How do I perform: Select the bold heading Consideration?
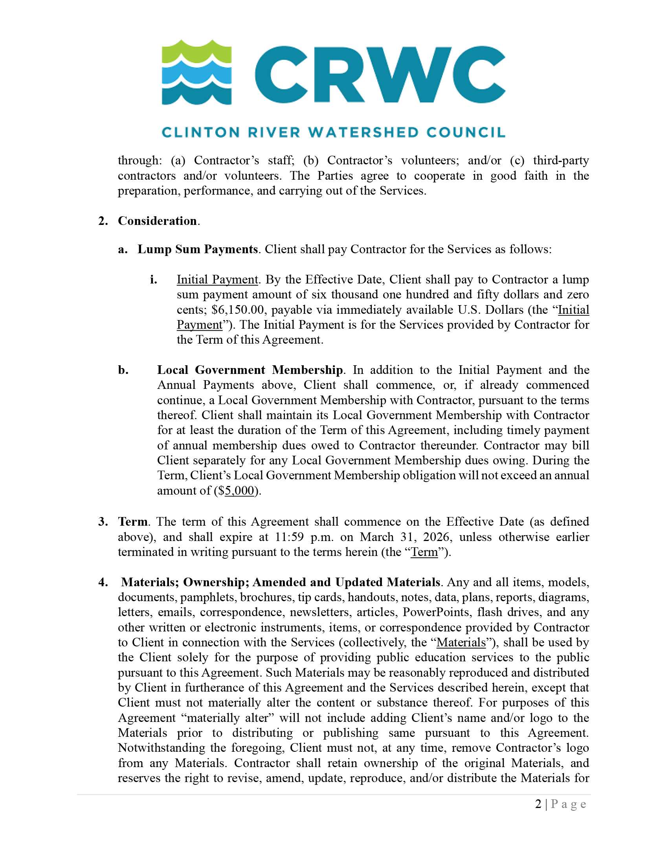pos(157,221)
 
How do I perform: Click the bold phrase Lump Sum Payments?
pos(198,250)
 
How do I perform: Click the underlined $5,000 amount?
pos(239,491)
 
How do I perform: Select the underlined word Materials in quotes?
pos(461,642)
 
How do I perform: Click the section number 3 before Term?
pos(102,522)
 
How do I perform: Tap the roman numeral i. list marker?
pos(154,280)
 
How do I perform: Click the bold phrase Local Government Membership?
pos(250,370)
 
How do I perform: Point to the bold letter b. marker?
pos(123,370)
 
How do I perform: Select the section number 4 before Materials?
pos(102,582)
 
